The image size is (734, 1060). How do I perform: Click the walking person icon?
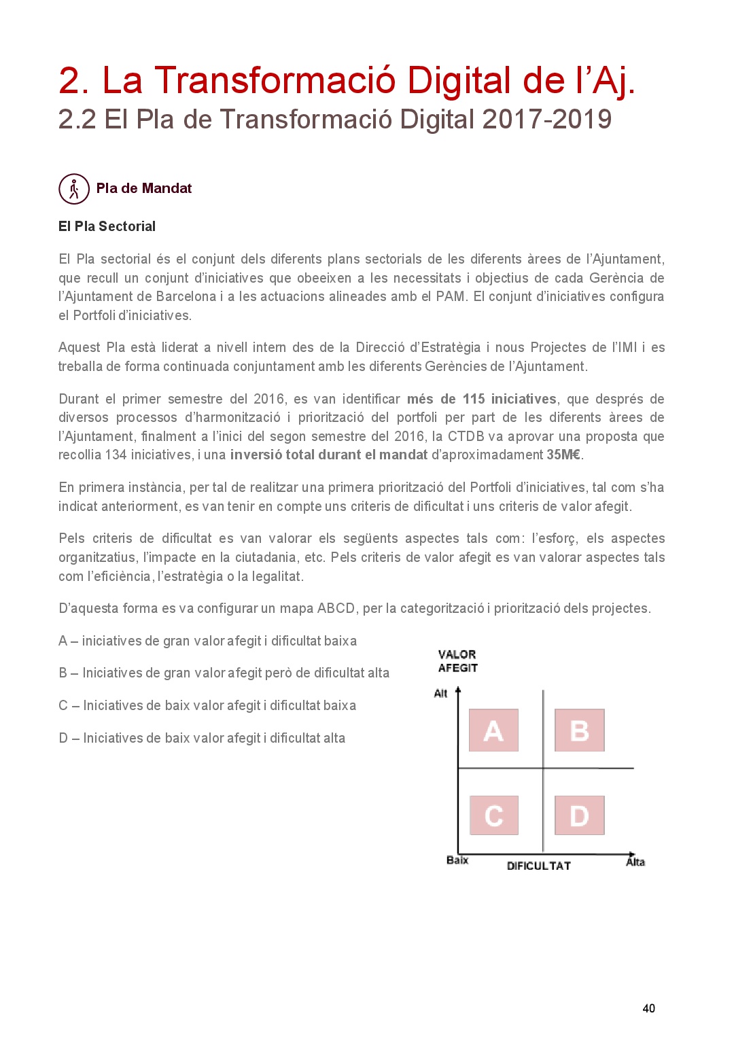point(74,189)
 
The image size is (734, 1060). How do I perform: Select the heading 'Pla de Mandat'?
point(143,188)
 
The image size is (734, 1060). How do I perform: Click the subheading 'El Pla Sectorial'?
point(107,226)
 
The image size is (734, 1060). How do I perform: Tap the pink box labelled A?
point(493,730)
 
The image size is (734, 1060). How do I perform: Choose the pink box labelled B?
point(579,730)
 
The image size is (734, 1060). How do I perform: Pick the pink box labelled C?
point(493,815)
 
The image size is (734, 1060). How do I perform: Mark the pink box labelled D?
point(579,815)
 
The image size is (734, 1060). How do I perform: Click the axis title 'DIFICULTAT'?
point(538,866)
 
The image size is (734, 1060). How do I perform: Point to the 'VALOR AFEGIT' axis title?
point(457,661)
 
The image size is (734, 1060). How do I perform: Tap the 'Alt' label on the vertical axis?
point(440,693)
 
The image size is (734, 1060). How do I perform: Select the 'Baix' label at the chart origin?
point(457,860)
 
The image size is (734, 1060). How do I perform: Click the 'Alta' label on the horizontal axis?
point(635,862)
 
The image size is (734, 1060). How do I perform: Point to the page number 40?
point(648,1008)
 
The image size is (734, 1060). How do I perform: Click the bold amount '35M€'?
point(563,455)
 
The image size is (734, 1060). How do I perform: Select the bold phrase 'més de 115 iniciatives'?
point(481,399)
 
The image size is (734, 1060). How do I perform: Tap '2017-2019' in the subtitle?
point(547,120)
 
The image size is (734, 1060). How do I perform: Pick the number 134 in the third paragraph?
point(116,455)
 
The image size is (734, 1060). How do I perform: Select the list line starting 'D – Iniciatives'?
point(202,738)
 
